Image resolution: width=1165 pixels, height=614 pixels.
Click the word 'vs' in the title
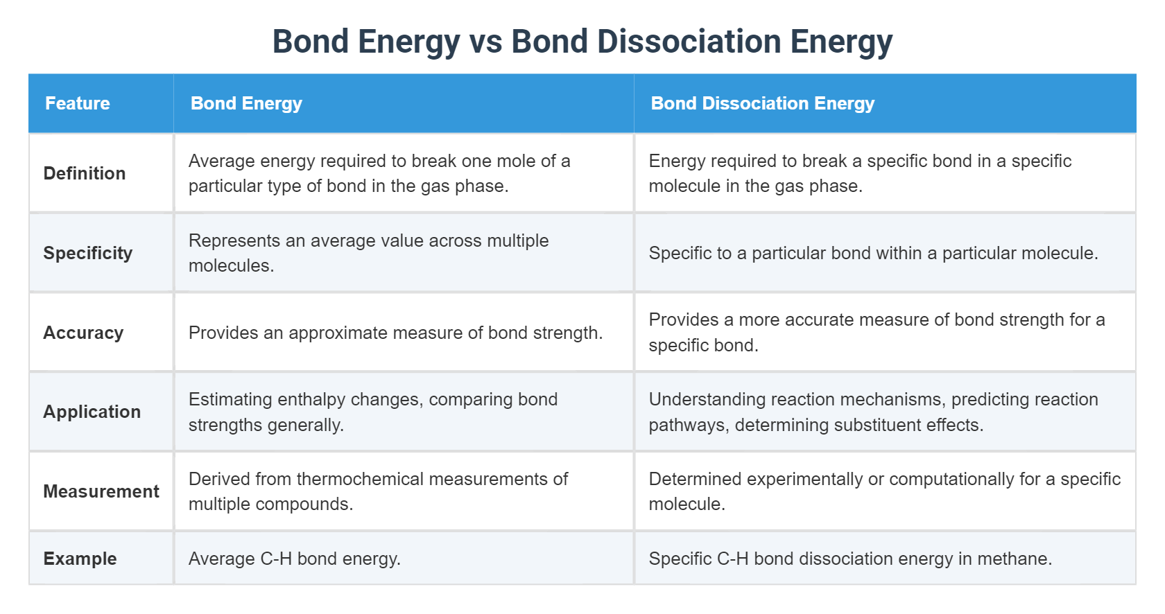485,42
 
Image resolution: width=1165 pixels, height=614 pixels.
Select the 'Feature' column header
78,103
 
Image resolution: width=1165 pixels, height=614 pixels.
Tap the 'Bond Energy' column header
246,103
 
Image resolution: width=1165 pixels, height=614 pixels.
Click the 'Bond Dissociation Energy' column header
762,103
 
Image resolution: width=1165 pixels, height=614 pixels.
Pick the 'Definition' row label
85,173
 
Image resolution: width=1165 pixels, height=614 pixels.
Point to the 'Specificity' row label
88,253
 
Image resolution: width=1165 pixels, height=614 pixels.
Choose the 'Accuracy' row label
83,333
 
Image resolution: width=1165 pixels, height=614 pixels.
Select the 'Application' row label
92,412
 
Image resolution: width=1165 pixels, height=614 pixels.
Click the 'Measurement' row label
101,491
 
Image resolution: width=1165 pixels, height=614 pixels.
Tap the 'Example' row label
80,559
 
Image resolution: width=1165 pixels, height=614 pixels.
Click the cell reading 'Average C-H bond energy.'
295,559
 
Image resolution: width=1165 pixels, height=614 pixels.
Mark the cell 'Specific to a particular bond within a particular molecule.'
873,253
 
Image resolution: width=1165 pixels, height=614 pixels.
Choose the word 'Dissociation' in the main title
689,42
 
